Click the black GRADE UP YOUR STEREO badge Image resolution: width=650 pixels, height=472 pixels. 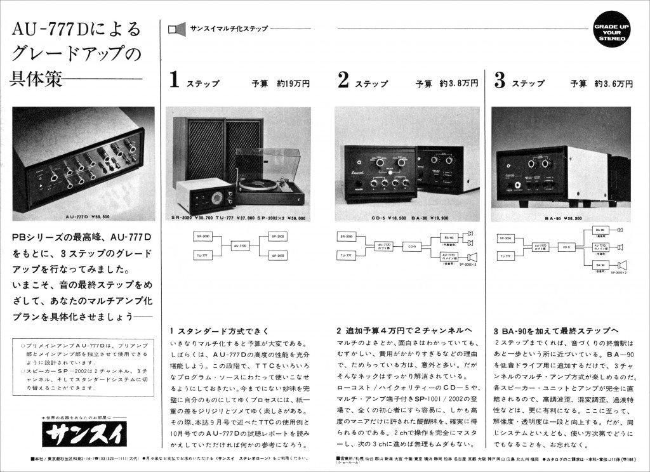click(x=611, y=32)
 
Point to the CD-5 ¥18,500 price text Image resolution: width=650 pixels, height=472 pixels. click(x=362, y=218)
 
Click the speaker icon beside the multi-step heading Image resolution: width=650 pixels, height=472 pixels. click(x=176, y=29)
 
